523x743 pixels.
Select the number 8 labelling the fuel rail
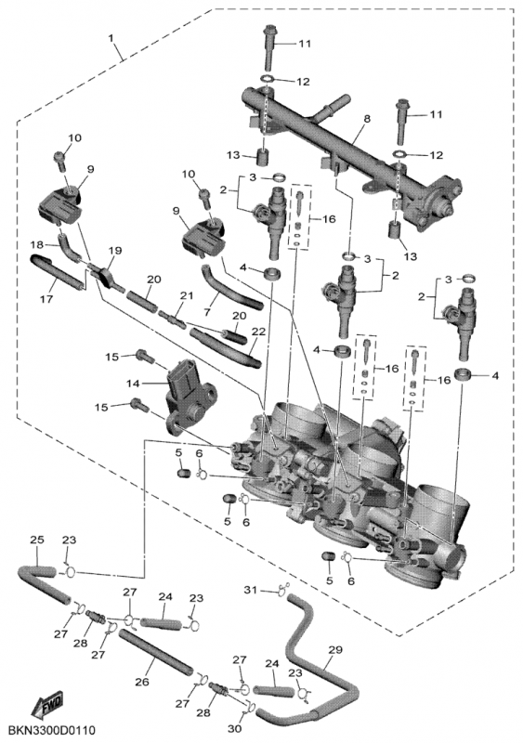coord(366,119)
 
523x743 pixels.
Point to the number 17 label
coord(44,298)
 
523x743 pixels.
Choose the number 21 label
coord(185,295)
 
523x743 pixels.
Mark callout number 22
coord(259,332)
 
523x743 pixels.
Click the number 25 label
coord(36,540)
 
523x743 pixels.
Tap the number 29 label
coord(335,650)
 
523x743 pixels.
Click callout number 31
coord(248,590)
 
